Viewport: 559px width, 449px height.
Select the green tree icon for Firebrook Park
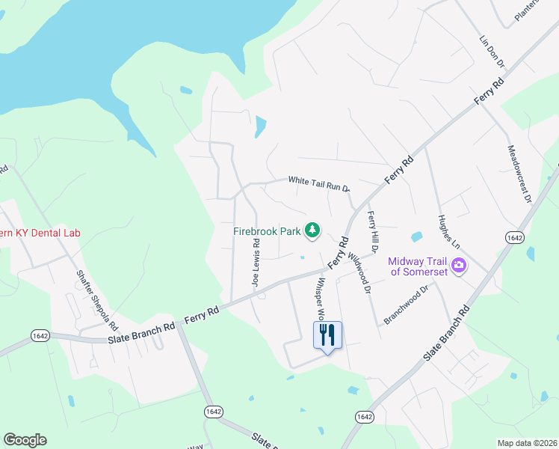pos(315,230)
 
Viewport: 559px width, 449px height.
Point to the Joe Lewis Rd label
pos(256,264)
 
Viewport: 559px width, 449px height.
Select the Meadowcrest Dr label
pos(518,174)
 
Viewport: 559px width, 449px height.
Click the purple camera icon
pos(459,264)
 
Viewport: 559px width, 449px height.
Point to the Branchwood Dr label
pos(407,305)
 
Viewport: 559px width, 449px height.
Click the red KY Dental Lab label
pos(40,233)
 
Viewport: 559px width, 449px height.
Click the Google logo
pos(25,440)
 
